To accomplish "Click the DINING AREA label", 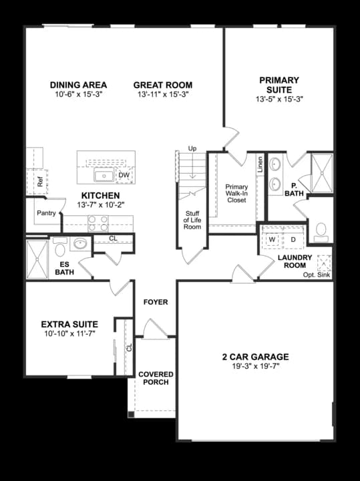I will point(79,85).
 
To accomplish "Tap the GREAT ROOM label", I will point(162,85).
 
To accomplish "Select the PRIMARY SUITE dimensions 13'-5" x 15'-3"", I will point(279,99).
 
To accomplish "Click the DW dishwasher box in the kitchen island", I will point(124,176).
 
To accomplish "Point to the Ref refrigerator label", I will point(40,180).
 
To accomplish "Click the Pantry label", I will point(46,214).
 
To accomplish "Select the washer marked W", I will point(273,239).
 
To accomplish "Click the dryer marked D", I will point(293,239).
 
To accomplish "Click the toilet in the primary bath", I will point(321,231).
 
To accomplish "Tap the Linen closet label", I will point(260,164).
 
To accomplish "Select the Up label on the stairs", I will point(192,148).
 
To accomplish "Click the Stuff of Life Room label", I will point(192,220).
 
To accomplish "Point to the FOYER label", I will point(156,302).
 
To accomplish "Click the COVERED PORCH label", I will point(156,378).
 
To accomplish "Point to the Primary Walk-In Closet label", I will point(236,193).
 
